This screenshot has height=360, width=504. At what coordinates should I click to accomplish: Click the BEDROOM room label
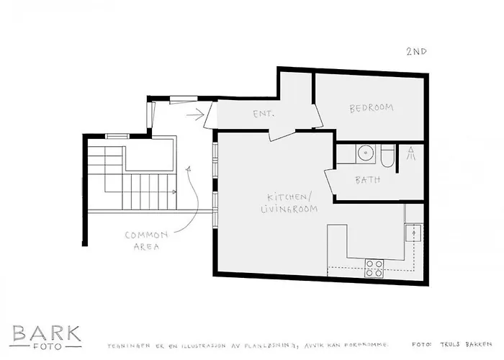pos(372,108)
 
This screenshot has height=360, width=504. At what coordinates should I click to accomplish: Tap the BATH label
pos(368,180)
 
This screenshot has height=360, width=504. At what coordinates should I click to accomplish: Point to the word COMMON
pos(146,235)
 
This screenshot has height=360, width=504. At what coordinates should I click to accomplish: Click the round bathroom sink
pos(365,153)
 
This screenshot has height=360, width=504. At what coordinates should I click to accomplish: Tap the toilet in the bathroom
pos(387,156)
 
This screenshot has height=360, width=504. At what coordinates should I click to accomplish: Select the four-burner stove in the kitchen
pos(374,268)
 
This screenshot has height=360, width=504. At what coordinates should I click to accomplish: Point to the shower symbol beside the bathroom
pos(410,153)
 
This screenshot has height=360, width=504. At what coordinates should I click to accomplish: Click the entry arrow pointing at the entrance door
pos(194,113)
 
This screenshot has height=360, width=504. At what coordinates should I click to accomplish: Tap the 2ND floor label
pos(415,51)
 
